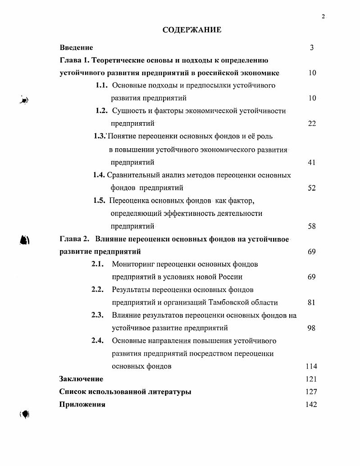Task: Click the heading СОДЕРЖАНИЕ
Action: pos(192,30)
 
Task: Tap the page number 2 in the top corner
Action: pos(323,17)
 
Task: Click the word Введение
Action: pos(76,47)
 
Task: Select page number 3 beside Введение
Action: pos(312,47)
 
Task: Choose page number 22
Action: pos(312,123)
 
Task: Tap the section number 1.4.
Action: pos(99,174)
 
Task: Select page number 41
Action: pos(312,162)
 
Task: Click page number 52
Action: pos(312,188)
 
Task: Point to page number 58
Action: pos(312,226)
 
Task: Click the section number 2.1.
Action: pos(98,264)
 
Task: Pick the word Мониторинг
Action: pos(134,264)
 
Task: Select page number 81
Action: pos(311,302)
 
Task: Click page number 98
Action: pos(311,328)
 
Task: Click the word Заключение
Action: pos(81,379)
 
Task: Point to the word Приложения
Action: pos(82,404)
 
